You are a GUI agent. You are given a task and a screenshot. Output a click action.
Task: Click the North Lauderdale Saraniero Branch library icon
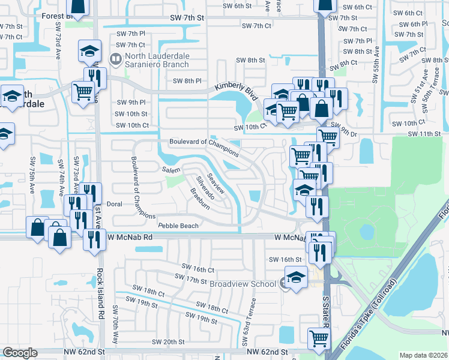pos(116,59)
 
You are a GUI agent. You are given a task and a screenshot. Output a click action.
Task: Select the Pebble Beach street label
pos(178,226)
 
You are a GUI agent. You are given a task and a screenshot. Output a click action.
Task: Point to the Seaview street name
pos(215,184)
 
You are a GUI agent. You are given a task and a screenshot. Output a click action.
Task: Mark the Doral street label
pos(114,204)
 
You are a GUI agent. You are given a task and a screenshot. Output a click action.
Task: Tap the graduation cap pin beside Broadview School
pos(295,278)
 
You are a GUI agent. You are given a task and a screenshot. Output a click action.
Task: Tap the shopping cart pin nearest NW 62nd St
pos(319,339)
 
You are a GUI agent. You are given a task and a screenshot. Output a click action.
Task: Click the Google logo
pos(20,353)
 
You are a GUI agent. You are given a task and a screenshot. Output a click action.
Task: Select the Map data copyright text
pos(423,355)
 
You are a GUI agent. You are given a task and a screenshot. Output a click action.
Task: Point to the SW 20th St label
pos(168,341)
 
